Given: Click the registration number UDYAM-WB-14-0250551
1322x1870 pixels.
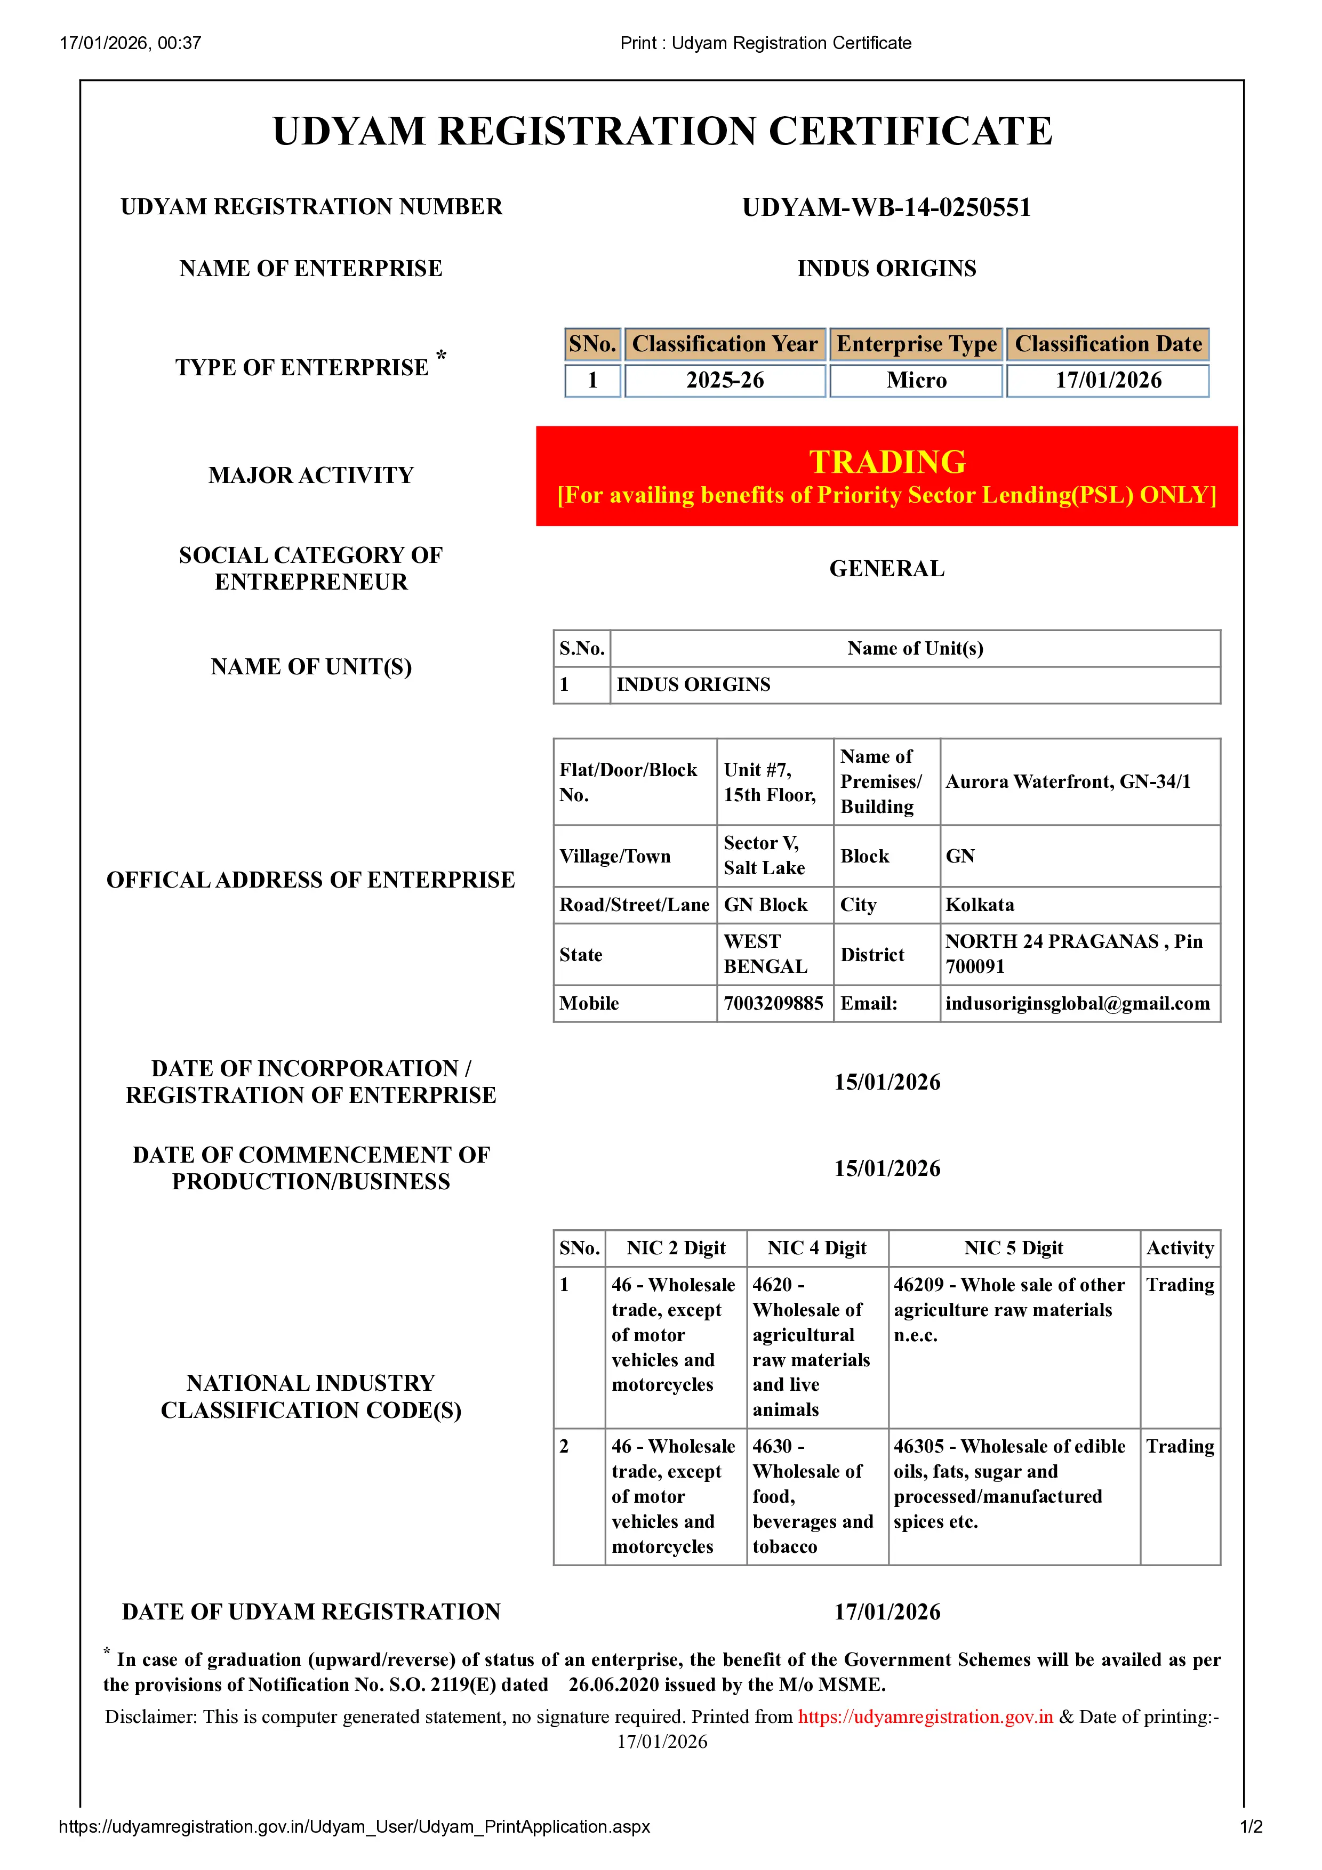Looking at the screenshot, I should point(886,208).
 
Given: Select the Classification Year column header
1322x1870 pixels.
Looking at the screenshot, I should point(724,344).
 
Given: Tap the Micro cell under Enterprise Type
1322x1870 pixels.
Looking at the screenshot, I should point(916,381).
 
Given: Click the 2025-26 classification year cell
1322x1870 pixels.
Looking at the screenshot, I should point(724,381).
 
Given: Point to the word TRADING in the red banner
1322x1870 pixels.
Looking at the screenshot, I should point(887,462).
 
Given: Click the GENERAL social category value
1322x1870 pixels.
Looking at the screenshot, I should point(887,568).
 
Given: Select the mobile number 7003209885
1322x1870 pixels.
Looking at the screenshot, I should point(773,1003).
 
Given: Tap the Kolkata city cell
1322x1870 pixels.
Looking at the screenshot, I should point(980,905).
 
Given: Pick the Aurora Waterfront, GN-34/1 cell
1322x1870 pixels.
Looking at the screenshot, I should point(1068,782).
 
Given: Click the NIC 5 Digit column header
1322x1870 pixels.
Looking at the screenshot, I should point(1013,1248).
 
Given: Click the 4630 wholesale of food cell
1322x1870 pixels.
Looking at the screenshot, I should point(813,1496).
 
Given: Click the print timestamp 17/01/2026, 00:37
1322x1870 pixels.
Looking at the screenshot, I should point(130,43).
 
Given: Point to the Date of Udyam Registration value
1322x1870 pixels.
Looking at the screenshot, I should point(887,1612).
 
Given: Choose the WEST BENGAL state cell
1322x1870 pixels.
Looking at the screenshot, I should point(766,954).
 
